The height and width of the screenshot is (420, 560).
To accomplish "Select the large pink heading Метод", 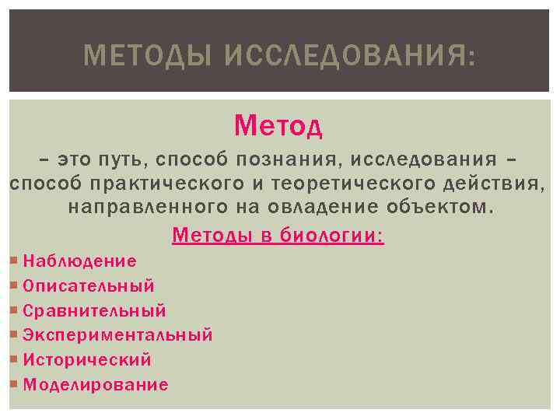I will [x=278, y=124].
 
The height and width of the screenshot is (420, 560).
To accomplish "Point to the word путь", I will [x=124, y=160].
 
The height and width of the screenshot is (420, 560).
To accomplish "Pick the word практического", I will [x=169, y=184].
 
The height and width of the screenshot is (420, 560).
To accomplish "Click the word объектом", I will [x=441, y=208].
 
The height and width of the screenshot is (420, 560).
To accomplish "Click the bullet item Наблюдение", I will [x=79, y=261].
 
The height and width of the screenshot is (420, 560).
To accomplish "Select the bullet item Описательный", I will [x=89, y=286].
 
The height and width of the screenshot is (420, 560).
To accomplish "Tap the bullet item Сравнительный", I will [x=94, y=311].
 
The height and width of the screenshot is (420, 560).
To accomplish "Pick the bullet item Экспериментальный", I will [x=117, y=335].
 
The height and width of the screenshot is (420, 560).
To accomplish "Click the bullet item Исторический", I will [x=87, y=360].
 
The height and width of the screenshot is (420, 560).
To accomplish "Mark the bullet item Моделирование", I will [x=96, y=385].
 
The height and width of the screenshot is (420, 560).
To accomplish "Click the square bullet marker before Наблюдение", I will [x=16, y=261].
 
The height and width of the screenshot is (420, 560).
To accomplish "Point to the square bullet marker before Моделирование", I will [x=16, y=385].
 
